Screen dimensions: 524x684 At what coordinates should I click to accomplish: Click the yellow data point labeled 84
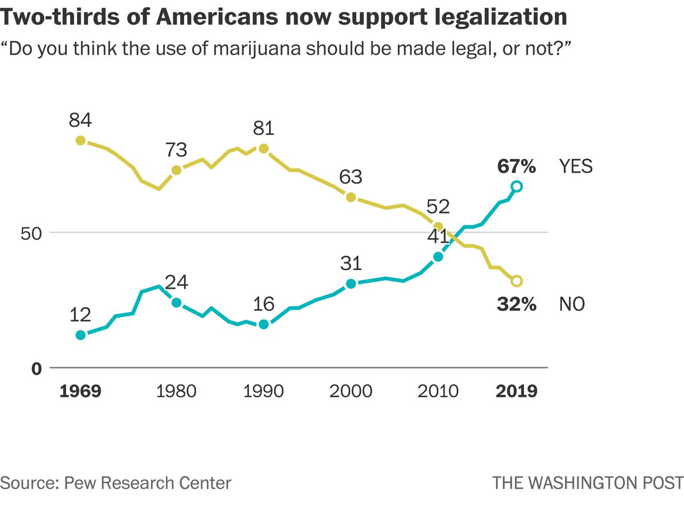click(80, 140)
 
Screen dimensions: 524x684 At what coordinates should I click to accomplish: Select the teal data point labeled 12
click(80, 335)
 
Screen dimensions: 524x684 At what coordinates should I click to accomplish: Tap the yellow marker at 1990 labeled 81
click(263, 149)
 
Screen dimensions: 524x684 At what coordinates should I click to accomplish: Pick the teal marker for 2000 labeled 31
click(351, 284)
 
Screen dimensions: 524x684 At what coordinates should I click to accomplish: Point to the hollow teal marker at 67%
click(516, 186)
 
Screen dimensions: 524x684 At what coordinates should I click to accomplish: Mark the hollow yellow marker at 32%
click(516, 281)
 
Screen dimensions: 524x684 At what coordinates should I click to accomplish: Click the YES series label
click(575, 166)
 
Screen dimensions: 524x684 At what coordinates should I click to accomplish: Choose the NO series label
click(572, 304)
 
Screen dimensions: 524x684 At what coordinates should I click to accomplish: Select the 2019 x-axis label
click(516, 392)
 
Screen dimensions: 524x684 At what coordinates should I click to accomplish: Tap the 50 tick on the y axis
click(33, 233)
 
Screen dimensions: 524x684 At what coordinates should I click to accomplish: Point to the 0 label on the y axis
click(37, 369)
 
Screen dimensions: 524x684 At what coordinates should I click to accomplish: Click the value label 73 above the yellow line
click(176, 150)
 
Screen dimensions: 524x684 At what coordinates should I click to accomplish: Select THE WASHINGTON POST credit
click(588, 483)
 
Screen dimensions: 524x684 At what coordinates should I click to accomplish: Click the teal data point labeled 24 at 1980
click(176, 302)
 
